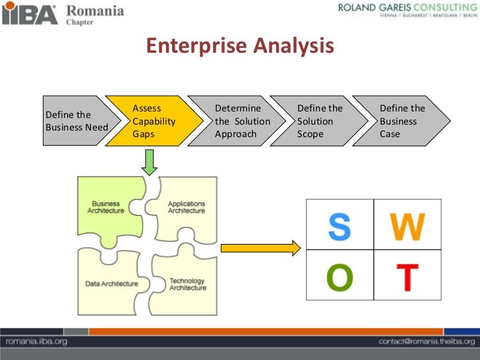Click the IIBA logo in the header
30,14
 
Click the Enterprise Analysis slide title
240,46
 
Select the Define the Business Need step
74,121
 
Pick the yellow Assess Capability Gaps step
154,121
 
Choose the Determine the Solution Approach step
240,121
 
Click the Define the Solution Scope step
321,121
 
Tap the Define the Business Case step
404,121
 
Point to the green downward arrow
150,162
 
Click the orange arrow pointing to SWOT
260,248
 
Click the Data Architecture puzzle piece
111,284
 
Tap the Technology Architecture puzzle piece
187,284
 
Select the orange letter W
407,227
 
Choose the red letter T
407,278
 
